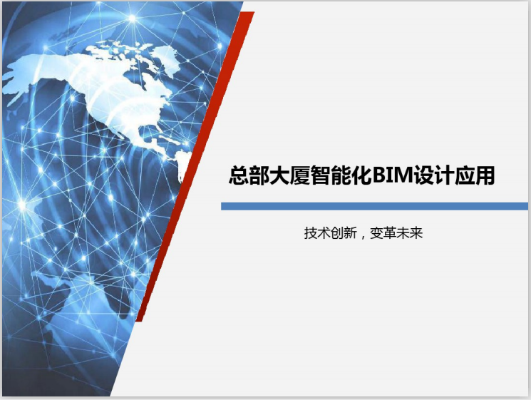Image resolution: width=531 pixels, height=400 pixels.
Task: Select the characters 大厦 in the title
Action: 287,175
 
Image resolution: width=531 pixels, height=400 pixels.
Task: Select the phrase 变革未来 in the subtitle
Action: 397,232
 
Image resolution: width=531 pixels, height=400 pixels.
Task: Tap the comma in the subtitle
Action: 360,235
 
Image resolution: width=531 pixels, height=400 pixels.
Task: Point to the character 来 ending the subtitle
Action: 417,232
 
